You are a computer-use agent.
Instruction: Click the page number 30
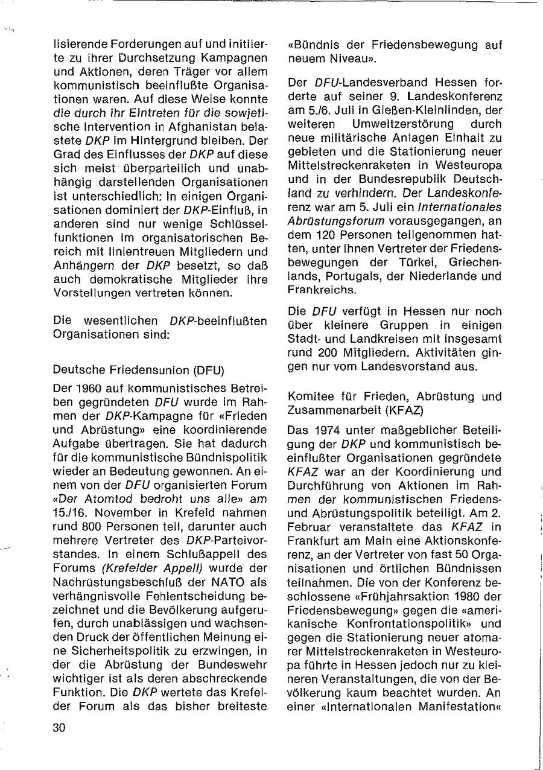pyautogui.click(x=59, y=728)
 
